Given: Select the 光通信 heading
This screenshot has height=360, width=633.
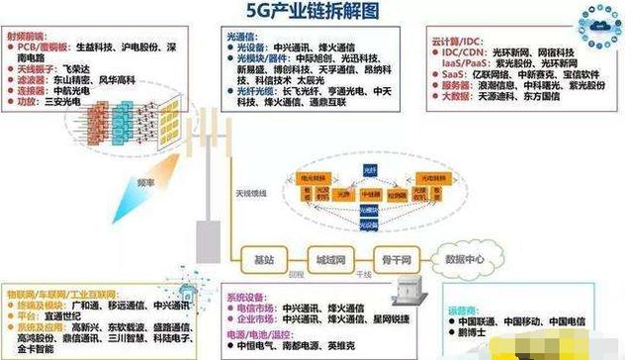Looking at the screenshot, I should click(x=242, y=37).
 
